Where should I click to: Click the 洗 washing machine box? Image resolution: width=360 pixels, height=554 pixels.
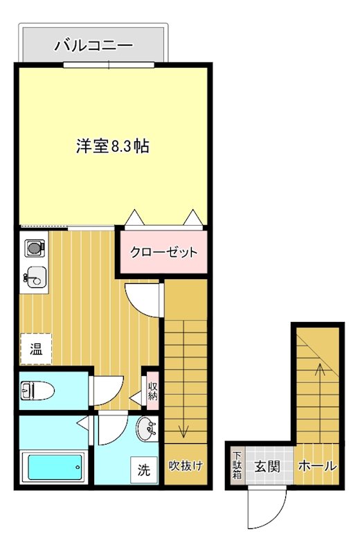pos(143,470)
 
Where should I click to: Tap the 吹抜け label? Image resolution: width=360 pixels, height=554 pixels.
pos(186,465)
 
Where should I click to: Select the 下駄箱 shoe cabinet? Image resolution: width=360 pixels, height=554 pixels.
pos(237,465)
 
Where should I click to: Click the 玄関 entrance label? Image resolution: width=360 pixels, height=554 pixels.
pos(266,465)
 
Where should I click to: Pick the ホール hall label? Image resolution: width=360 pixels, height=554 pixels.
pos(316,466)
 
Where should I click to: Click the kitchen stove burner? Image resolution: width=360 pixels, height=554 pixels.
pos(34,247)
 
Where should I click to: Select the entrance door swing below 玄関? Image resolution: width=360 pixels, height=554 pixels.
pos(266,510)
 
